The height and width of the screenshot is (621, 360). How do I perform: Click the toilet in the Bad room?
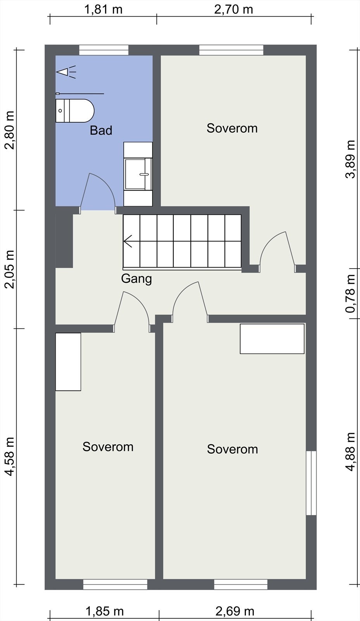pos(75,111)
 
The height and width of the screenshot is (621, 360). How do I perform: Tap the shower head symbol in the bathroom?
pos(66,72)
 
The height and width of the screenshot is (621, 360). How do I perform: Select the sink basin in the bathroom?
pos(138,174)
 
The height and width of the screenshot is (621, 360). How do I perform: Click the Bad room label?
pos(101,130)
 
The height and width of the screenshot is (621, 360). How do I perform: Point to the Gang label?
pos(136,279)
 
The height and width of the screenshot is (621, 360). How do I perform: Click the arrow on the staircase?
pos(128,241)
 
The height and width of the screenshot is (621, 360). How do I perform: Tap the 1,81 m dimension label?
pos(103,9)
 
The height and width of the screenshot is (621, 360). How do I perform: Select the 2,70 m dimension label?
pos(234,9)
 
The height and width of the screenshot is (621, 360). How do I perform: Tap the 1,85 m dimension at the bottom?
pos(104,611)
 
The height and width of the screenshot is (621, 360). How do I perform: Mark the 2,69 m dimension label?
pos(235,611)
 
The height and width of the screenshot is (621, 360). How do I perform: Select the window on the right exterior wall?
pos(311,483)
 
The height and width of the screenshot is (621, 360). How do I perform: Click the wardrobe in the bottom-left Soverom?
pos(68,362)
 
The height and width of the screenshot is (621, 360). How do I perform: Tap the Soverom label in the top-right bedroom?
pos(232,128)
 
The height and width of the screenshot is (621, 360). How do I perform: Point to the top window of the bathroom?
pos(104,50)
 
